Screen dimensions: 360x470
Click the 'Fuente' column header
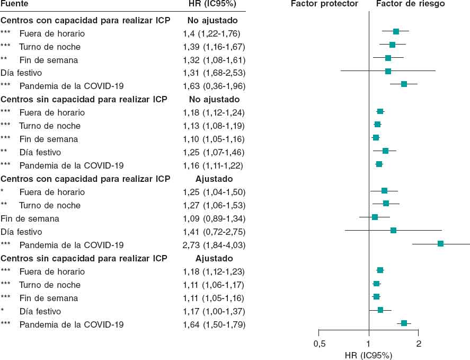[x=15, y=4]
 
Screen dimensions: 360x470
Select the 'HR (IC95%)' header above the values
[x=212, y=4]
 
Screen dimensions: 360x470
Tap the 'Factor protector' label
[x=324, y=4]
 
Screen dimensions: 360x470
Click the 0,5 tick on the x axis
[x=319, y=344]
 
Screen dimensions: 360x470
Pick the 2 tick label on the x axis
[x=419, y=344]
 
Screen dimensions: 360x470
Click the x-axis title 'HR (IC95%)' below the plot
[x=369, y=355]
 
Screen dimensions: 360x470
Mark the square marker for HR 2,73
[x=440, y=243]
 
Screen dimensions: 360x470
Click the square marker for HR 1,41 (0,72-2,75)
[x=393, y=230]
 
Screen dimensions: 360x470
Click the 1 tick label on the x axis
[x=369, y=344]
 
